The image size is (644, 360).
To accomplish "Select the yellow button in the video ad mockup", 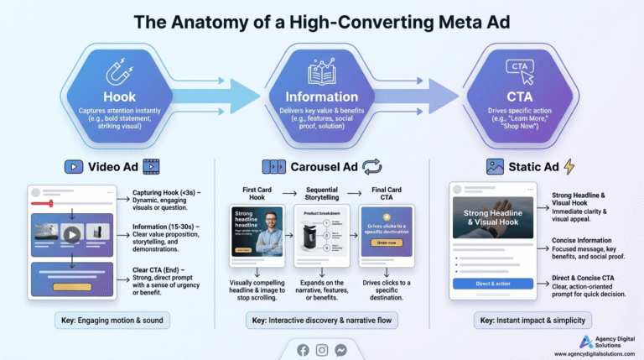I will [x=71, y=286].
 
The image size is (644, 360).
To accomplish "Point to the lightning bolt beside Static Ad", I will [x=569, y=166].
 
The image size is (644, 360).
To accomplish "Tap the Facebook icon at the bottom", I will [x=303, y=350].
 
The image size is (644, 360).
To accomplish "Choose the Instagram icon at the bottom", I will [x=322, y=350].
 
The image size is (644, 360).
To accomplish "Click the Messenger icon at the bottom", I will [x=341, y=350].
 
